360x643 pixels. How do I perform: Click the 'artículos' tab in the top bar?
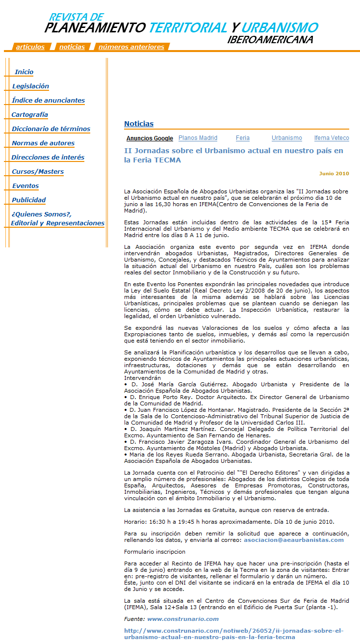(x=30, y=47)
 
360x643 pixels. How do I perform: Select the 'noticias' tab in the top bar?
(x=72, y=47)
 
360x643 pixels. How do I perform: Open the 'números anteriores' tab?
(x=131, y=47)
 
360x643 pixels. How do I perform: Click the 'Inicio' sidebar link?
(x=24, y=72)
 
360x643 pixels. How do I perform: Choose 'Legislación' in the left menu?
(x=30, y=86)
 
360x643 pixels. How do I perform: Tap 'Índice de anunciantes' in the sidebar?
(x=48, y=101)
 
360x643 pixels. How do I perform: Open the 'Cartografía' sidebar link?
(x=30, y=115)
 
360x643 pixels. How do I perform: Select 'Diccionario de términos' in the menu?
(x=51, y=129)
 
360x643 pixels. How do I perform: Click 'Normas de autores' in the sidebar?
(x=43, y=143)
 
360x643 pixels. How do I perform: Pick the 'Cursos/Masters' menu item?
(x=38, y=172)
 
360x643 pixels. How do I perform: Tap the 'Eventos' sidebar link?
(x=26, y=186)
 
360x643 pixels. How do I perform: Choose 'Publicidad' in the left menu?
(x=29, y=200)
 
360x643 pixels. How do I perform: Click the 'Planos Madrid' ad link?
(x=198, y=138)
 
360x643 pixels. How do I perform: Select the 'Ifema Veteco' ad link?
(x=332, y=138)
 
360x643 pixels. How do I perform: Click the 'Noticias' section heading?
(x=139, y=124)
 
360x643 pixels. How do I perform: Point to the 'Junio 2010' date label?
(x=334, y=174)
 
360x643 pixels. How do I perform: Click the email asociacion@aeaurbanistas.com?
(x=294, y=540)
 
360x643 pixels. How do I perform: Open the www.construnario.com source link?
(x=183, y=619)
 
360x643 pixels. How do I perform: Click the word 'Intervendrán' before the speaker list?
(x=142, y=378)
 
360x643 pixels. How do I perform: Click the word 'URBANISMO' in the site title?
(x=280, y=27)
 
